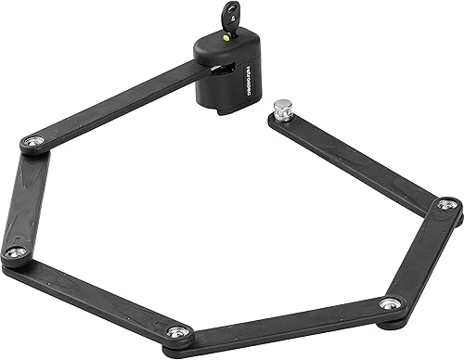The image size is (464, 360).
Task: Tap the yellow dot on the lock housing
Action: [223, 40]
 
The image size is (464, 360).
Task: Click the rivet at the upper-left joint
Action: [32, 141]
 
